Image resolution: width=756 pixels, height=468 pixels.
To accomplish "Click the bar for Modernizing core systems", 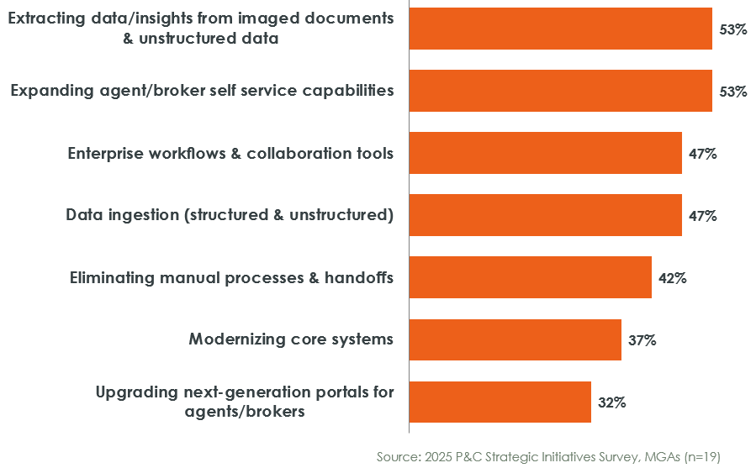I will point(515,339).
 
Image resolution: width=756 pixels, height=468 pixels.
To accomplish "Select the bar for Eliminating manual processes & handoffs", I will point(530,277).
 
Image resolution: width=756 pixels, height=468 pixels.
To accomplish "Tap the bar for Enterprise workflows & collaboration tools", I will point(545,153).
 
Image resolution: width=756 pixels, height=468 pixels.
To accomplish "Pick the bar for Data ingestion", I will point(545,215).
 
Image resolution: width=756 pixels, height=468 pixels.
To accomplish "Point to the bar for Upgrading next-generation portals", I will point(500,402).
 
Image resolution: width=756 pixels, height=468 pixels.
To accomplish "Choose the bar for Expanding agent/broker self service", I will point(560,91).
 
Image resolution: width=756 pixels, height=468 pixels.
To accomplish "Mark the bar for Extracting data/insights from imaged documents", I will point(560,29).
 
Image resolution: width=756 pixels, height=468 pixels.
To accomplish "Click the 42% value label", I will point(673,278).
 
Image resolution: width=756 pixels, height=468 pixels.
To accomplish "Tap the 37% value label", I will point(642,340).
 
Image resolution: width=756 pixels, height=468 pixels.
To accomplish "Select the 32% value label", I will point(612,402).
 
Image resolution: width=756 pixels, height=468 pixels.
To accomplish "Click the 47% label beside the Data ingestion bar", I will point(703,216).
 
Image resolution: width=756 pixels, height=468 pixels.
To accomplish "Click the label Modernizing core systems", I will point(291,339).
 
